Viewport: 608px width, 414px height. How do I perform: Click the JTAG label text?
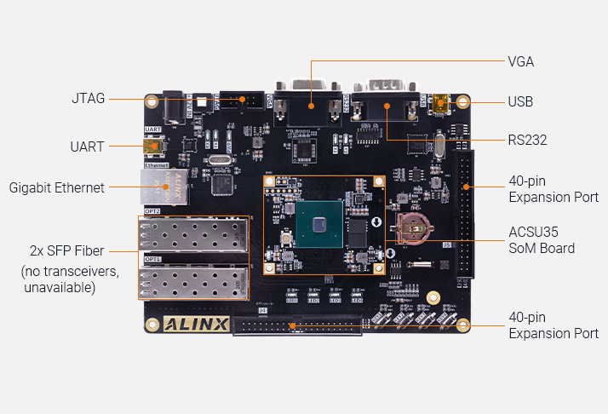[89, 99]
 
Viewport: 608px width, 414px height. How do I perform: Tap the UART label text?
[87, 147]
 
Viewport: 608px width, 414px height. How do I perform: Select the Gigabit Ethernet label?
[56, 187]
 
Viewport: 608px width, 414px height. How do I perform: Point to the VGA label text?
[520, 61]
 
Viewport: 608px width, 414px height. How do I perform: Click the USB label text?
[520, 102]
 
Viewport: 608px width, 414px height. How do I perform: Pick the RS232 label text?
[527, 140]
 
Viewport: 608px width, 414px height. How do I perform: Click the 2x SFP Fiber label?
[68, 250]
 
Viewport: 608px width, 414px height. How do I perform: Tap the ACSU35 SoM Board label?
[541, 240]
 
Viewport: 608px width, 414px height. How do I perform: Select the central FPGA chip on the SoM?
[319, 224]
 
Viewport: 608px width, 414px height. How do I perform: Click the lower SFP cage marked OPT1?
[193, 282]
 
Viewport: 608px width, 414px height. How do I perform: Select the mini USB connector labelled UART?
[153, 147]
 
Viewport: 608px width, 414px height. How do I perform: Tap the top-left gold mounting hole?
[152, 100]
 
